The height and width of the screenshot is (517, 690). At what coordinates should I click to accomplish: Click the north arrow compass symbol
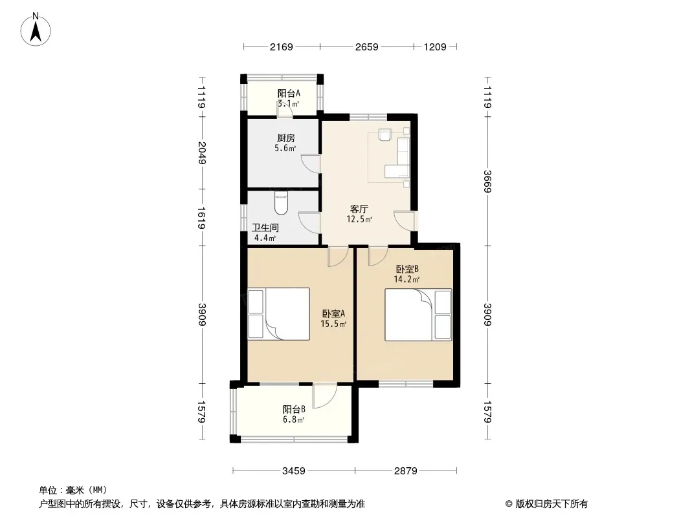point(36,30)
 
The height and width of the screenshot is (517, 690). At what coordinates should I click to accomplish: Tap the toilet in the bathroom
point(281,202)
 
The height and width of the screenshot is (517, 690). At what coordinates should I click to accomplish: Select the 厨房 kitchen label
point(286,138)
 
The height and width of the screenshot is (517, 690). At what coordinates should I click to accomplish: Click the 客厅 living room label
point(359,209)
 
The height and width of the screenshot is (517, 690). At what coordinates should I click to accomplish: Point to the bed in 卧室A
point(279,313)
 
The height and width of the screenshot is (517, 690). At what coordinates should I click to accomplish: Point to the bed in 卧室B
point(419,315)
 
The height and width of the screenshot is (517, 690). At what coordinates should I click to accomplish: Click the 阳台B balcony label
point(294,409)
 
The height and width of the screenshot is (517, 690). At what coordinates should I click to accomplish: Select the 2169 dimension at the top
point(281,47)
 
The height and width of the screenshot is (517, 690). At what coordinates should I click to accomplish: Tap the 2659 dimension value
point(366,47)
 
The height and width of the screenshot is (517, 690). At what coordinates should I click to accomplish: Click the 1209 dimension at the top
point(435,47)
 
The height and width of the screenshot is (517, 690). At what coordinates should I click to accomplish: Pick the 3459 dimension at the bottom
point(293,471)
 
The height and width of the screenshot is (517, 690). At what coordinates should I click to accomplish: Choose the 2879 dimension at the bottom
point(405,471)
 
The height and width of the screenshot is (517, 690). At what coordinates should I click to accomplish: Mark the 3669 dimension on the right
point(487,181)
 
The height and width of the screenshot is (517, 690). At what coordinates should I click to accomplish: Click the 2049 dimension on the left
point(202,153)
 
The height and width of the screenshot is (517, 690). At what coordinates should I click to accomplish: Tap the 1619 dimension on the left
point(202,218)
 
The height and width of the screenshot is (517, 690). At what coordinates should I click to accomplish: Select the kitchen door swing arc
point(310,164)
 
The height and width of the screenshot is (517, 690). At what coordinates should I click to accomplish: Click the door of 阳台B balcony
point(325,396)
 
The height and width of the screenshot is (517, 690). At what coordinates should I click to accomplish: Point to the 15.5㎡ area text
point(333,324)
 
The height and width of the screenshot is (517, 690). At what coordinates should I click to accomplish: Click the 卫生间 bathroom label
point(265,228)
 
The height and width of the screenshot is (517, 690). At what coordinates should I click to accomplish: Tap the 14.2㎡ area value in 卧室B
point(406,279)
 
